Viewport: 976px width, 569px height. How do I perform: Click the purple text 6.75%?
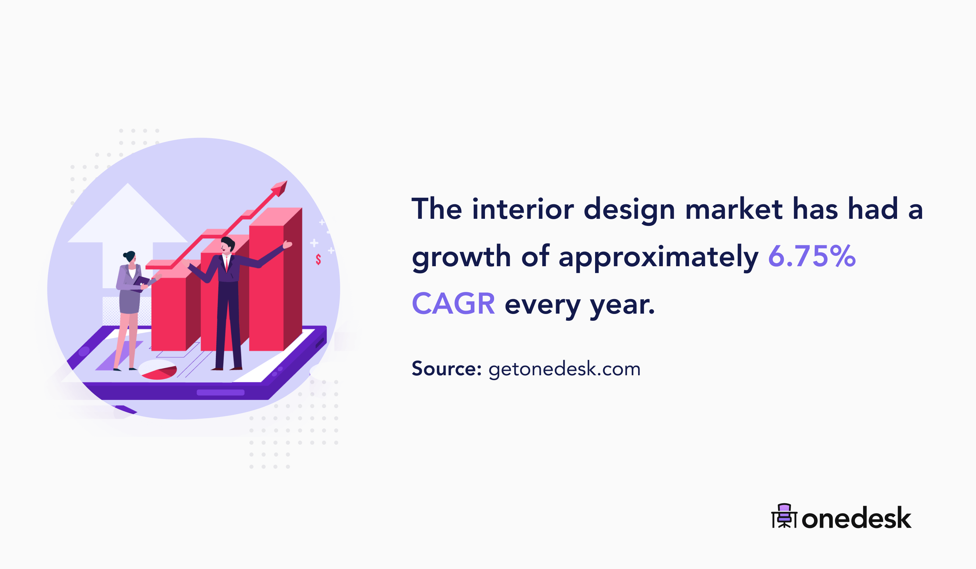point(811,256)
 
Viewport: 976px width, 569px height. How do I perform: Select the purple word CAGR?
point(453,304)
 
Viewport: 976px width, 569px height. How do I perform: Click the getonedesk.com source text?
point(564,369)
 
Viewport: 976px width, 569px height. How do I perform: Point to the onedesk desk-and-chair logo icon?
point(784,516)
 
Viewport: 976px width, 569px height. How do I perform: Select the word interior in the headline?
point(523,209)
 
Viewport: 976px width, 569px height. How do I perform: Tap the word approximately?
point(658,257)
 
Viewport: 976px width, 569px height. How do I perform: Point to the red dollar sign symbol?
point(318,259)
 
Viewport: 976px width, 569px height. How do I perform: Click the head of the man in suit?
point(227,245)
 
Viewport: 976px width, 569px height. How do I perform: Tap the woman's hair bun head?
point(129,257)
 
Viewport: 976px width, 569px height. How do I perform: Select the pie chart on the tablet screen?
point(158,369)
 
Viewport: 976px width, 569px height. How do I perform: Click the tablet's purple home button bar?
point(220,393)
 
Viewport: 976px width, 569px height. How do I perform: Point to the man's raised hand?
point(287,245)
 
